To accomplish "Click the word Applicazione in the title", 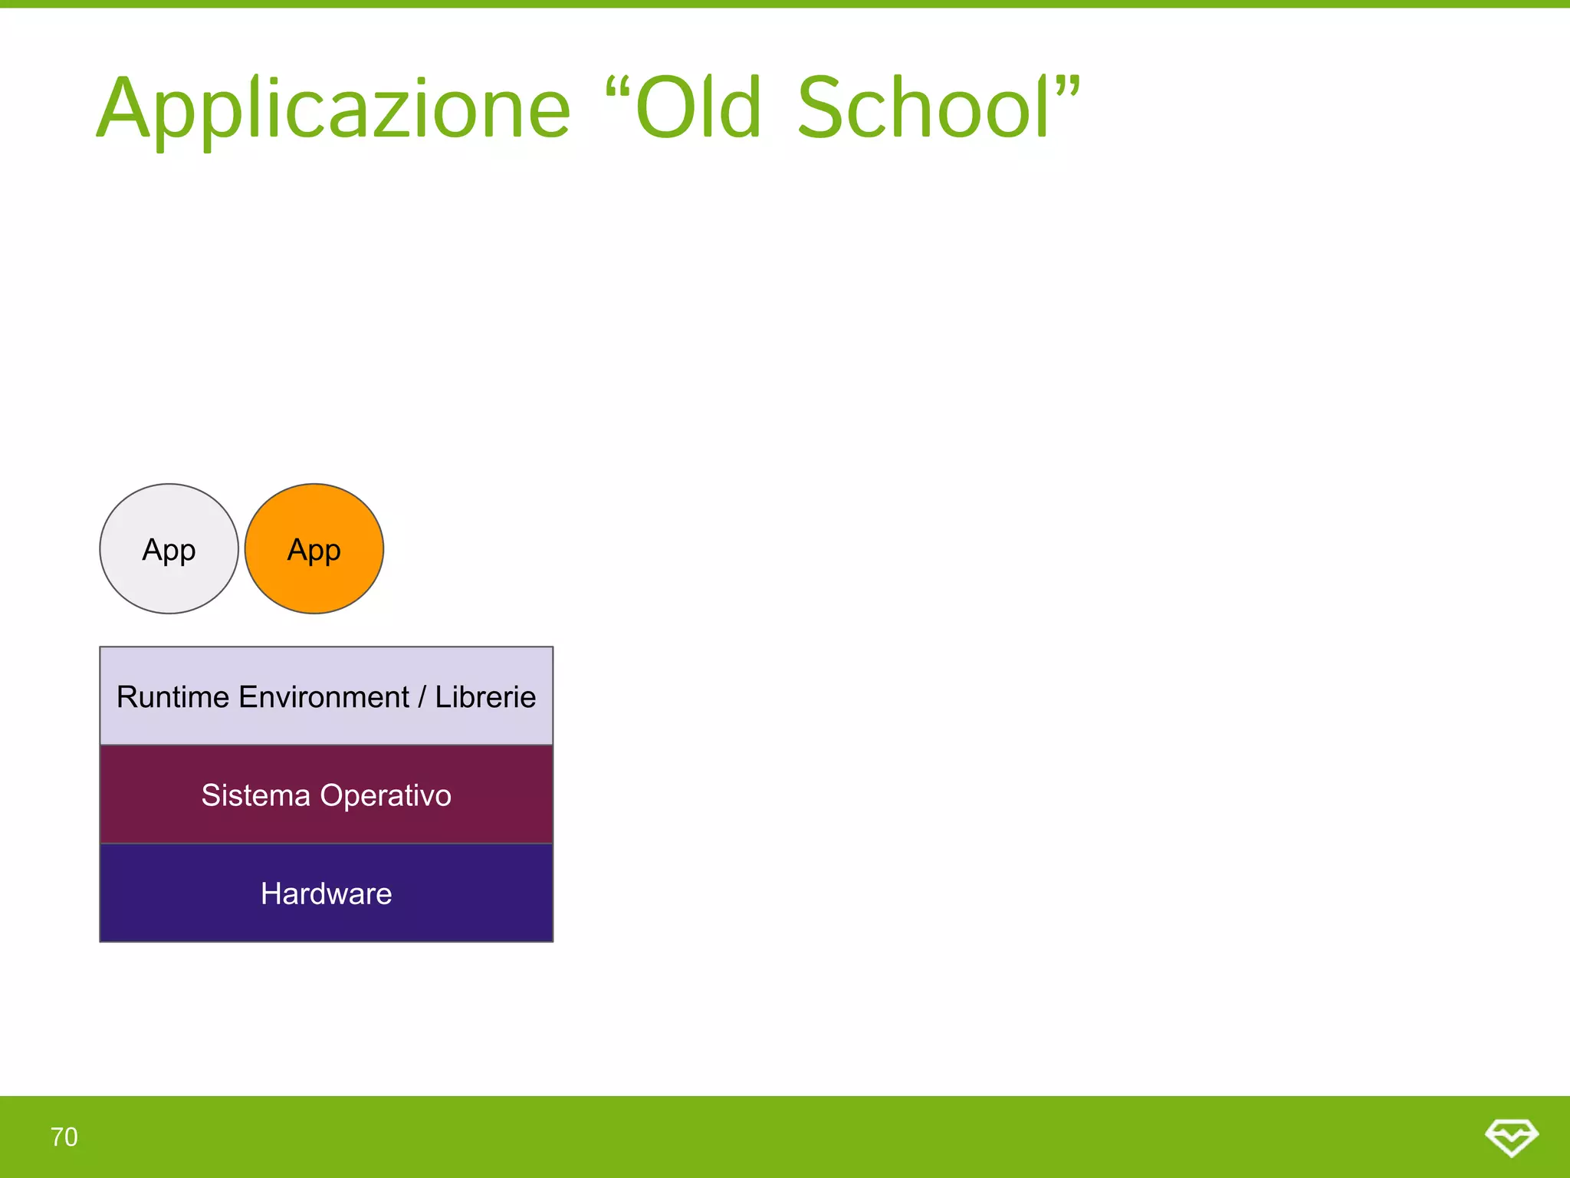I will tap(333, 110).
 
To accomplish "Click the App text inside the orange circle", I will tap(314, 550).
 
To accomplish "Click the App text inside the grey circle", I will tap(169, 550).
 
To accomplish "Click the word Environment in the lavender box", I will tap(324, 697).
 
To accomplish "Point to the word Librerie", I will tap(485, 697).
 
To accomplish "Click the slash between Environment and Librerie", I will tap(422, 697).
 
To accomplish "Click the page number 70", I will tap(64, 1137).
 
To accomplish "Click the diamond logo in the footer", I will tap(1511, 1137).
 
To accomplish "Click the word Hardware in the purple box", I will tap(326, 893).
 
